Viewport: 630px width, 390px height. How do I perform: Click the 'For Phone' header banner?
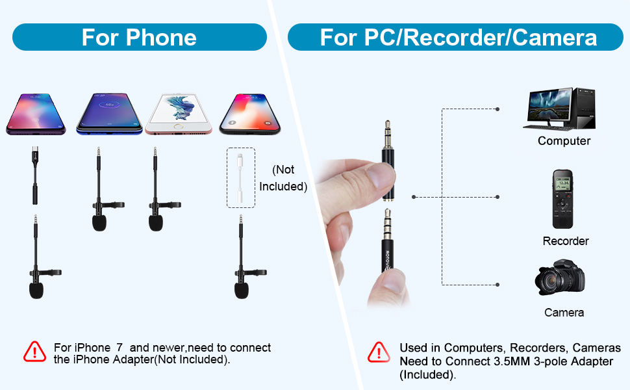pos(139,37)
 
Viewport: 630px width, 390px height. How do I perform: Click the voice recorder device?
pos(563,200)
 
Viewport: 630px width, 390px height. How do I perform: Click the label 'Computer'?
pos(564,141)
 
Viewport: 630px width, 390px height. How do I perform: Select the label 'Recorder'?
pos(565,241)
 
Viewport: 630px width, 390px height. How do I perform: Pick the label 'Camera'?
pos(564,313)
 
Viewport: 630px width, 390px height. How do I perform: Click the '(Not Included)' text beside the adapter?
pos(283,178)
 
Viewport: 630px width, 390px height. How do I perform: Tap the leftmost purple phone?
pos(38,114)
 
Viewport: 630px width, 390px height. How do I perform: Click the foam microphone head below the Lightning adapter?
pos(242,289)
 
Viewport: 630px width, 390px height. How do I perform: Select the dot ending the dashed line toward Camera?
pos(498,284)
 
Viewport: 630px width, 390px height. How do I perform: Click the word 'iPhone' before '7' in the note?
pos(92,348)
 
